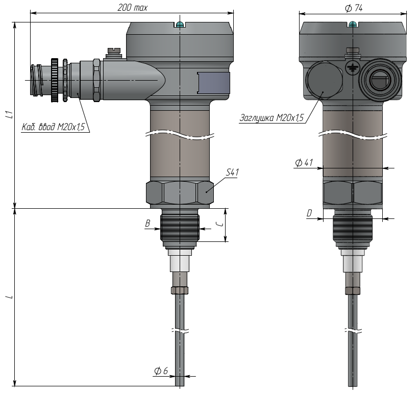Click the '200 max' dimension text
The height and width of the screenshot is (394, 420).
click(x=132, y=8)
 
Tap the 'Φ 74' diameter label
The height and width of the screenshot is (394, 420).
click(x=354, y=8)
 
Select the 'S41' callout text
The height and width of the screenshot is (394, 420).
click(x=232, y=172)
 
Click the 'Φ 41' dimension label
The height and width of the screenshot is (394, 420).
click(x=304, y=163)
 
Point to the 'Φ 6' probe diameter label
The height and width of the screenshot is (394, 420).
click(x=161, y=371)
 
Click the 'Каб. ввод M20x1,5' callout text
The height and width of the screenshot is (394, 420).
click(x=53, y=127)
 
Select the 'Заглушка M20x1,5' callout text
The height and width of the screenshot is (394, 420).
click(x=271, y=118)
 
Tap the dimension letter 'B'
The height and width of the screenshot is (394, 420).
click(x=147, y=223)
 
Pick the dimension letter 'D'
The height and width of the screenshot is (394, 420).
click(x=309, y=213)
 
